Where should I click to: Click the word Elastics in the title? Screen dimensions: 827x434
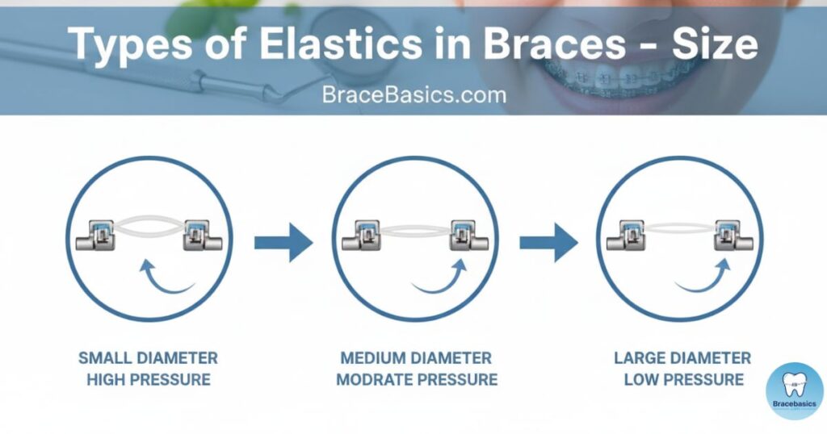click(341, 44)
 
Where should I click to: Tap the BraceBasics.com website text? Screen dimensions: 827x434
click(414, 95)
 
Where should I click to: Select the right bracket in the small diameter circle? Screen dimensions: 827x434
click(203, 235)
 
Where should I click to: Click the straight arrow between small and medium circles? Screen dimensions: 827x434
click(283, 242)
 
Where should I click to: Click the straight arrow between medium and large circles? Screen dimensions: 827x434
click(549, 242)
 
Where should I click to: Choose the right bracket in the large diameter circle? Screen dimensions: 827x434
click(734, 235)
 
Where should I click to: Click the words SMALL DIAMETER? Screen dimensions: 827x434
click(149, 358)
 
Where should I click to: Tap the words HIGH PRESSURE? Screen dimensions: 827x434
click(149, 379)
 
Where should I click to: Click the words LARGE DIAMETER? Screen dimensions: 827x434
click(682, 358)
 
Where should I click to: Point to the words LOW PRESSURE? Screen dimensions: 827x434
click(684, 379)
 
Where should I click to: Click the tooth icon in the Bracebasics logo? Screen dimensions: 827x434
click(795, 386)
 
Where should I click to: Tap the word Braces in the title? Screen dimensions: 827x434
click(554, 44)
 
